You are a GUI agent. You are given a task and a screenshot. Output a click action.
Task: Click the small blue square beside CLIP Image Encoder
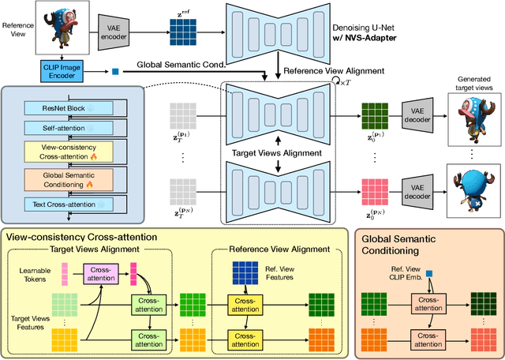(x=114, y=73)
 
